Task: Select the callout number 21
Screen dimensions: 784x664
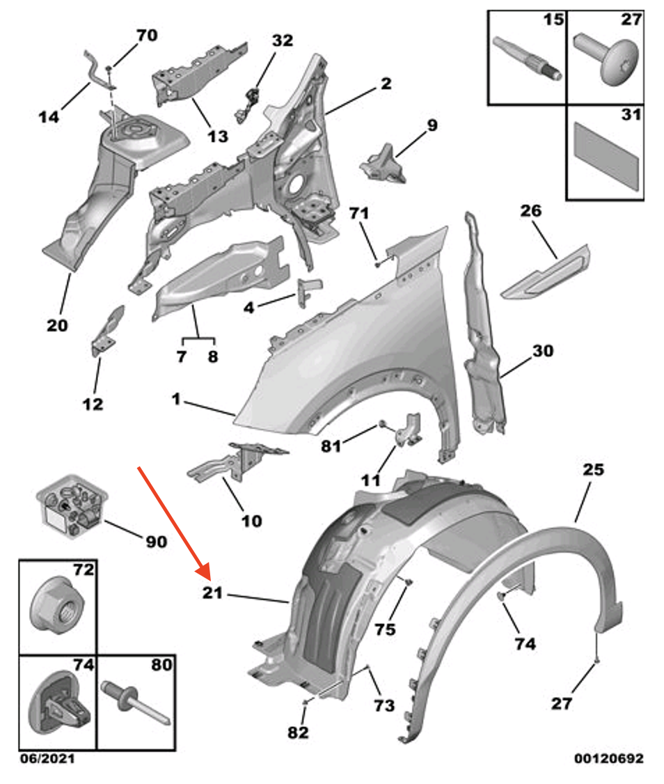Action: pyautogui.click(x=212, y=593)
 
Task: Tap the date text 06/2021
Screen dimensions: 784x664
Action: pyautogui.click(x=46, y=758)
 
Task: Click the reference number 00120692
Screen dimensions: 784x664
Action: pyautogui.click(x=608, y=758)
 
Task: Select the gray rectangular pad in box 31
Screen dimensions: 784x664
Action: pyautogui.click(x=604, y=155)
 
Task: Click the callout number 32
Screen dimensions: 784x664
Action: pyautogui.click(x=283, y=41)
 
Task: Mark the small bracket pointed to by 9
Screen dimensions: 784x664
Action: pyautogui.click(x=384, y=164)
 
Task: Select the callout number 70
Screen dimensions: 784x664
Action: pyautogui.click(x=147, y=34)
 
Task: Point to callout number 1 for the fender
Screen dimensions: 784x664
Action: pyautogui.click(x=177, y=400)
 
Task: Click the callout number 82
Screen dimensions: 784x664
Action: pyautogui.click(x=298, y=732)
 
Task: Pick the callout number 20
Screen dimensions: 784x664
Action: pyautogui.click(x=58, y=324)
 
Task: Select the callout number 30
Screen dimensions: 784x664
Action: pyautogui.click(x=542, y=351)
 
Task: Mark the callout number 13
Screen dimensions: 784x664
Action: pyautogui.click(x=218, y=136)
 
